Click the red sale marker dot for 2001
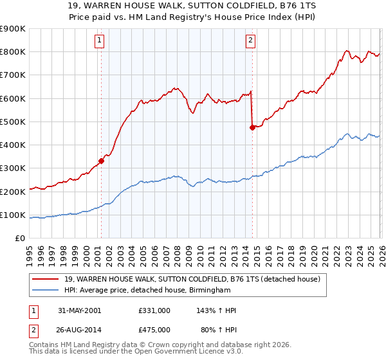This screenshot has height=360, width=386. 102,161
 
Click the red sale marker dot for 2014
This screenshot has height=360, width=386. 252,127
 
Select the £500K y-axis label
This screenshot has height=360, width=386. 13,122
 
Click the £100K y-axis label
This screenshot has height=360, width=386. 13,215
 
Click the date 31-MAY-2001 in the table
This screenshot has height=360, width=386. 79,310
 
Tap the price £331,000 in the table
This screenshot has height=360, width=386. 154,310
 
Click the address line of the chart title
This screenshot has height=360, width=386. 192,6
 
